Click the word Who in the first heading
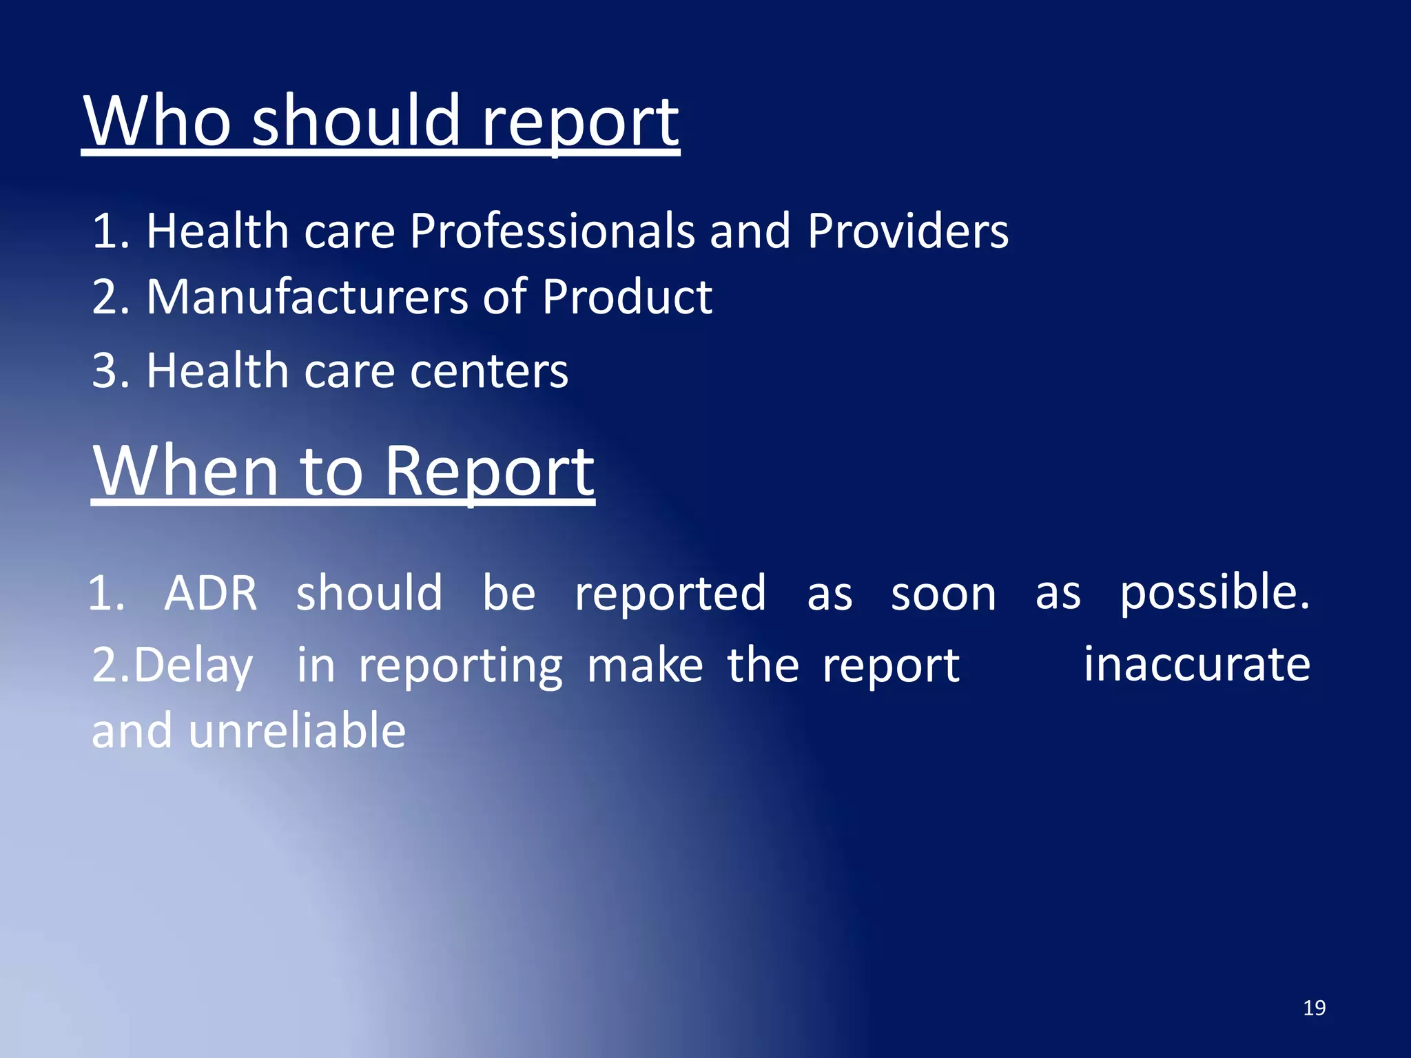157,121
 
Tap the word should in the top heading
356,121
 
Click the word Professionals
552,231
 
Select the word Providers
907,231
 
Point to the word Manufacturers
307,297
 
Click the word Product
626,297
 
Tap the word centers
489,371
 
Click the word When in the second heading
185,471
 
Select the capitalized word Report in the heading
488,471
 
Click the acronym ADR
211,593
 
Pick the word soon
943,593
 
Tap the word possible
1214,593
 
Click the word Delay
193,665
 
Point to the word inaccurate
1197,665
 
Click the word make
645,665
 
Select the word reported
670,593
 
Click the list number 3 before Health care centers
105,371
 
